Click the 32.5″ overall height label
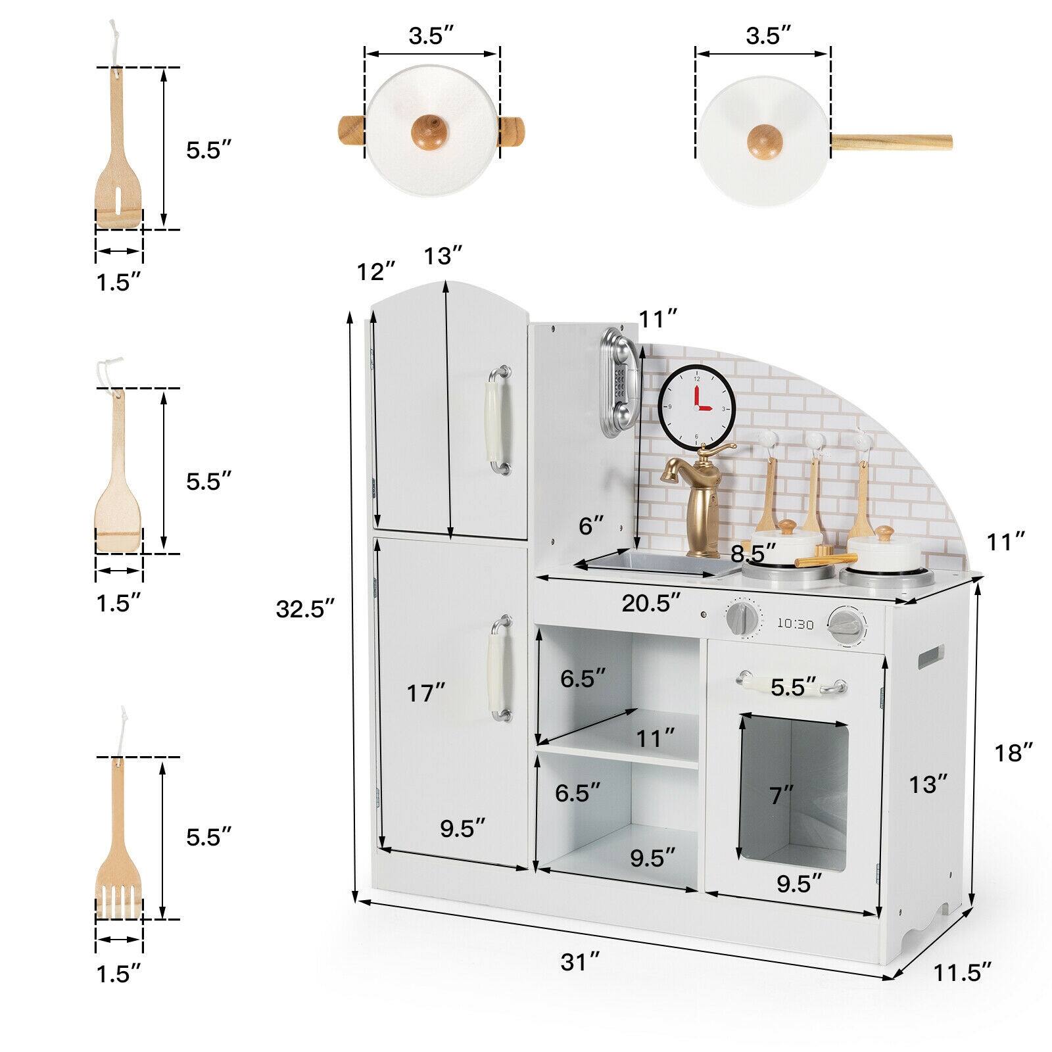click(x=305, y=610)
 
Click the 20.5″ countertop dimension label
click(x=651, y=603)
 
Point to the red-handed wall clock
click(x=697, y=408)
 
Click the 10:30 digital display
click(x=796, y=624)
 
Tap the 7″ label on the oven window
click(x=782, y=796)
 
